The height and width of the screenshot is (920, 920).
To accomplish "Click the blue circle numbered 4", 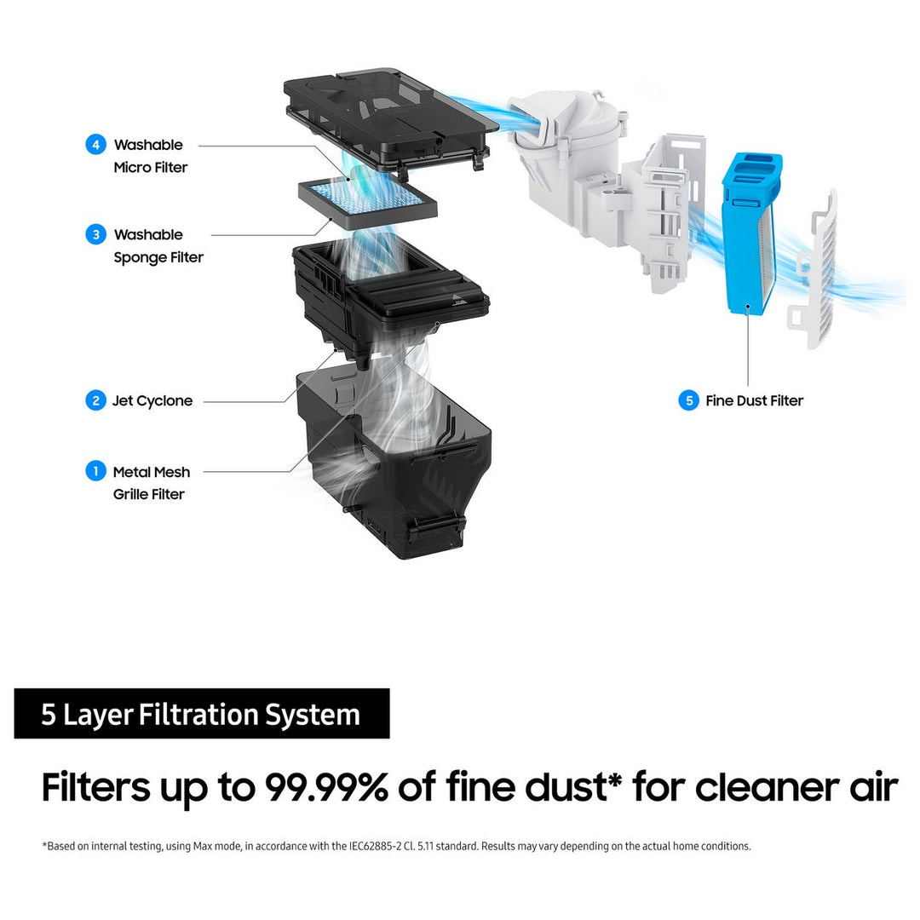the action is pos(95,144).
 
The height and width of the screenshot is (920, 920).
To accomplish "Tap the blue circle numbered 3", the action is pos(95,235).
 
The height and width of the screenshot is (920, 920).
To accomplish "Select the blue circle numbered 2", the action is pos(95,400).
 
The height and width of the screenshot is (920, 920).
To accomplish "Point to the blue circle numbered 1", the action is pos(95,471).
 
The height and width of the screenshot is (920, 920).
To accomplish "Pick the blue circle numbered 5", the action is pos(689,400).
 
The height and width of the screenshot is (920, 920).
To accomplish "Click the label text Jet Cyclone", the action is pos(152,401).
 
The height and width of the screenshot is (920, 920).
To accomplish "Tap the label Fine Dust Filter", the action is pos(755,400).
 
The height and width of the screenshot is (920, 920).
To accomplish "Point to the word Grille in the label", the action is pos(129,494).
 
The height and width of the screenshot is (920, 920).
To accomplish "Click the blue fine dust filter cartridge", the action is pos(750,233).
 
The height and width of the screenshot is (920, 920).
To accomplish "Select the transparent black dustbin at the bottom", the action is pos(393,463).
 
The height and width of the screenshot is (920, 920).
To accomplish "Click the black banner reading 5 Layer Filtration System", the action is pos(202,714).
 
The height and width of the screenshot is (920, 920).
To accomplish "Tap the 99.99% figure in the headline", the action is pos(326,786).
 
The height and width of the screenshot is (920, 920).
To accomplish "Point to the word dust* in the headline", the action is pos(573,786).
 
